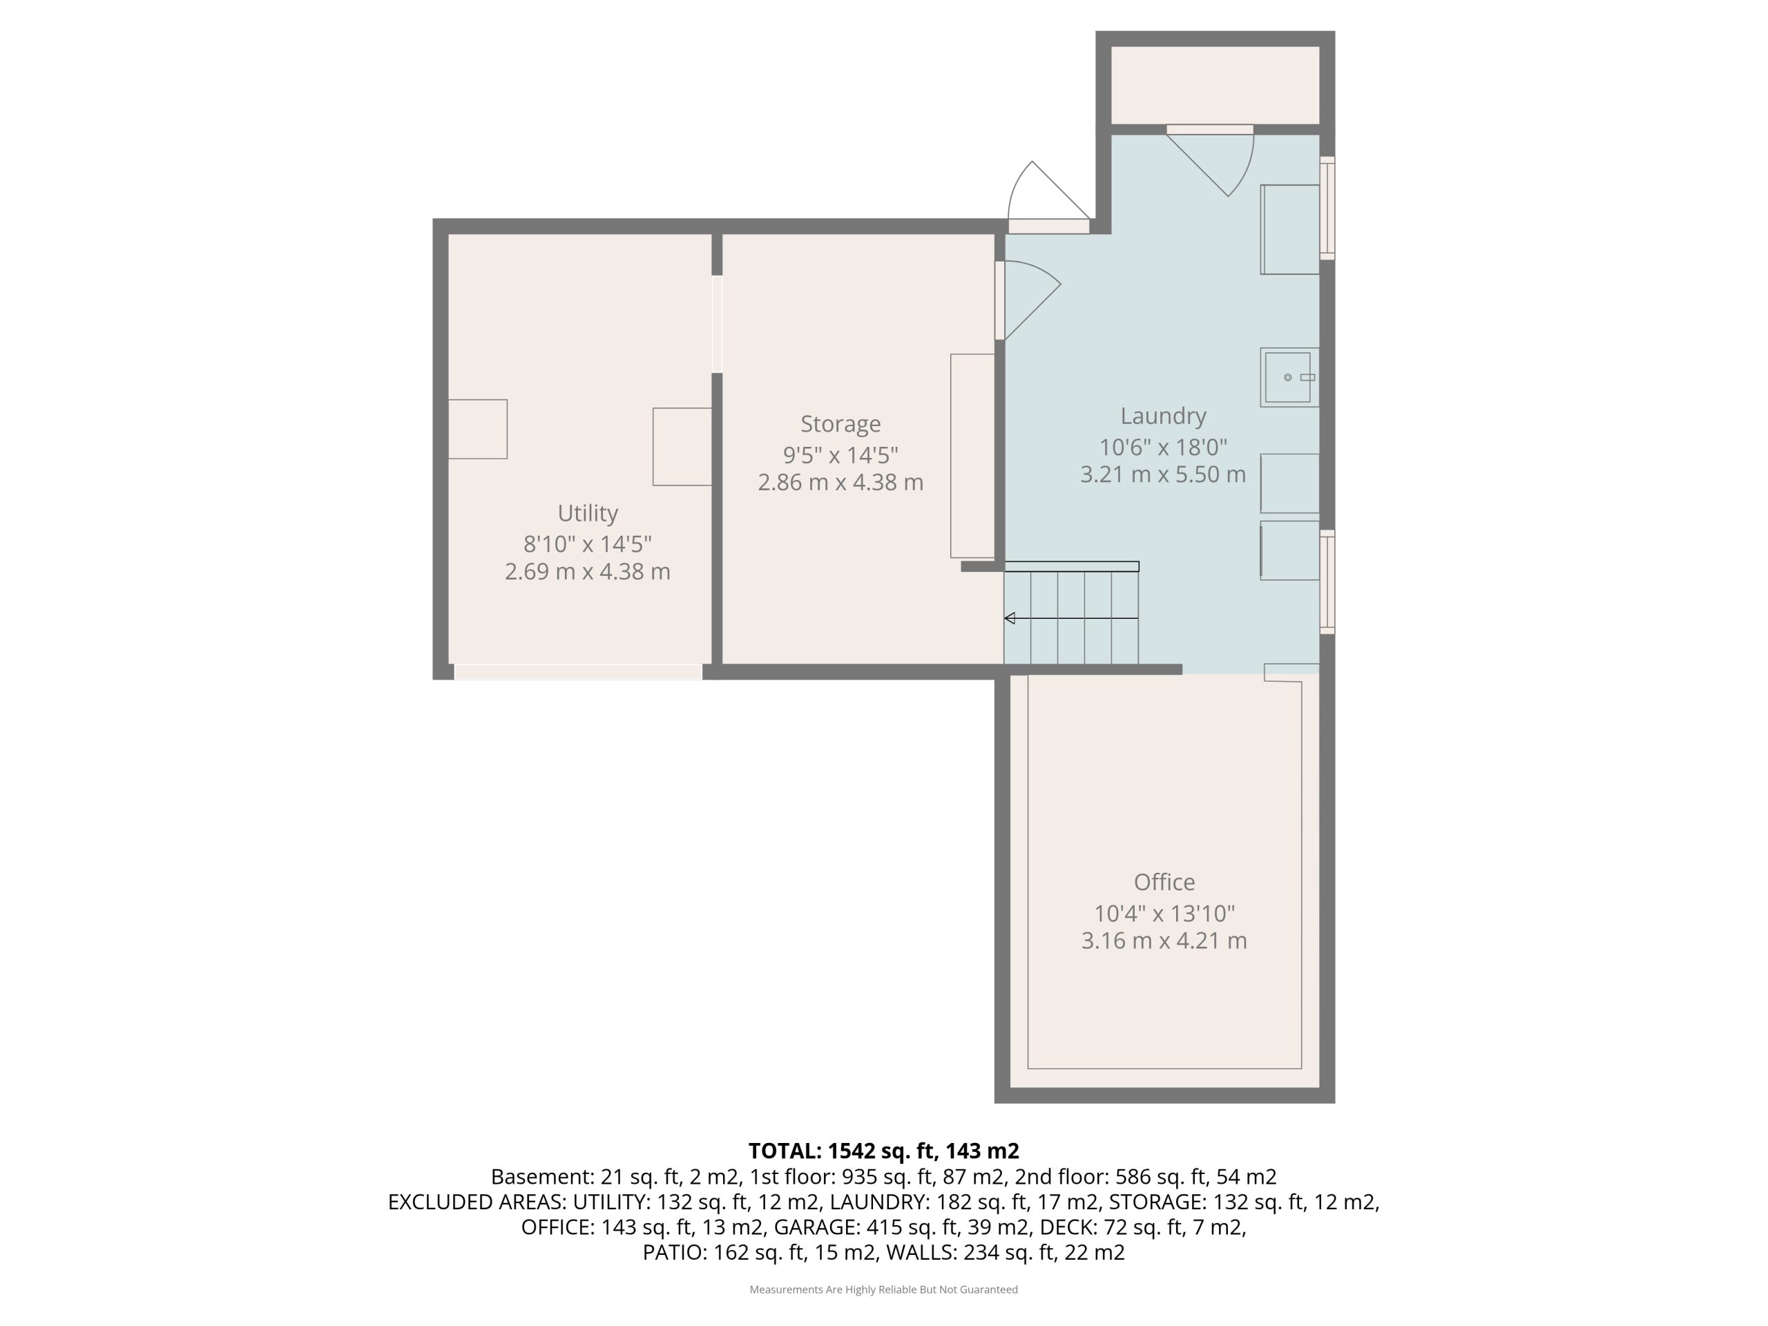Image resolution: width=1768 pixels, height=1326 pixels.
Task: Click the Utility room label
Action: (588, 513)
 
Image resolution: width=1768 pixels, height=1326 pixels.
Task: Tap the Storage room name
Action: (841, 425)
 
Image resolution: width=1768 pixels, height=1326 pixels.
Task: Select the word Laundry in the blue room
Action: (1163, 417)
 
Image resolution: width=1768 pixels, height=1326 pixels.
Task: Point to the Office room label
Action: (1164, 883)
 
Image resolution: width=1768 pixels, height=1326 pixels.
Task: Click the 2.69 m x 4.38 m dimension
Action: (588, 571)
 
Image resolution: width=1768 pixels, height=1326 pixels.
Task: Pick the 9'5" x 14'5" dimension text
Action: (841, 455)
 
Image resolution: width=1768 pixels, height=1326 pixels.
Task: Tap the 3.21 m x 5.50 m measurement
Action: (1163, 474)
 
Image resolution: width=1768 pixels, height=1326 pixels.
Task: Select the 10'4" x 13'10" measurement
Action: (1164, 913)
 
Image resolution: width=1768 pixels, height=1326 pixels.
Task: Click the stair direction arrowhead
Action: (1010, 618)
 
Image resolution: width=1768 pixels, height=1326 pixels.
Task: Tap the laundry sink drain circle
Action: (1287, 377)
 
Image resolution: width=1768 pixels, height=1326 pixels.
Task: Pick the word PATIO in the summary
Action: (675, 1253)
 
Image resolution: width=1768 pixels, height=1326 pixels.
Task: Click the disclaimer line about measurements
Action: (883, 1289)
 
